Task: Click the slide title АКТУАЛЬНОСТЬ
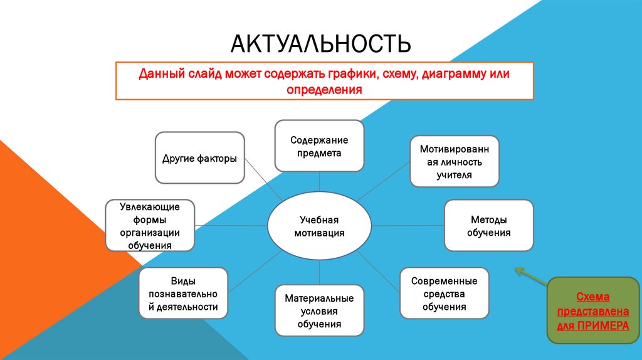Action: [x=321, y=45]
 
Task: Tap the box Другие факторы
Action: [x=199, y=158]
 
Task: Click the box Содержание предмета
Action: [x=319, y=146]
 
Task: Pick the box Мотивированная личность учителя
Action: [x=455, y=161]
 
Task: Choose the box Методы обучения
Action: [x=489, y=226]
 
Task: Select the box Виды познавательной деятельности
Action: [x=183, y=294]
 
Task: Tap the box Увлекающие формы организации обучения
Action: [x=150, y=226]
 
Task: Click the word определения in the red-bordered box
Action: [x=324, y=90]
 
